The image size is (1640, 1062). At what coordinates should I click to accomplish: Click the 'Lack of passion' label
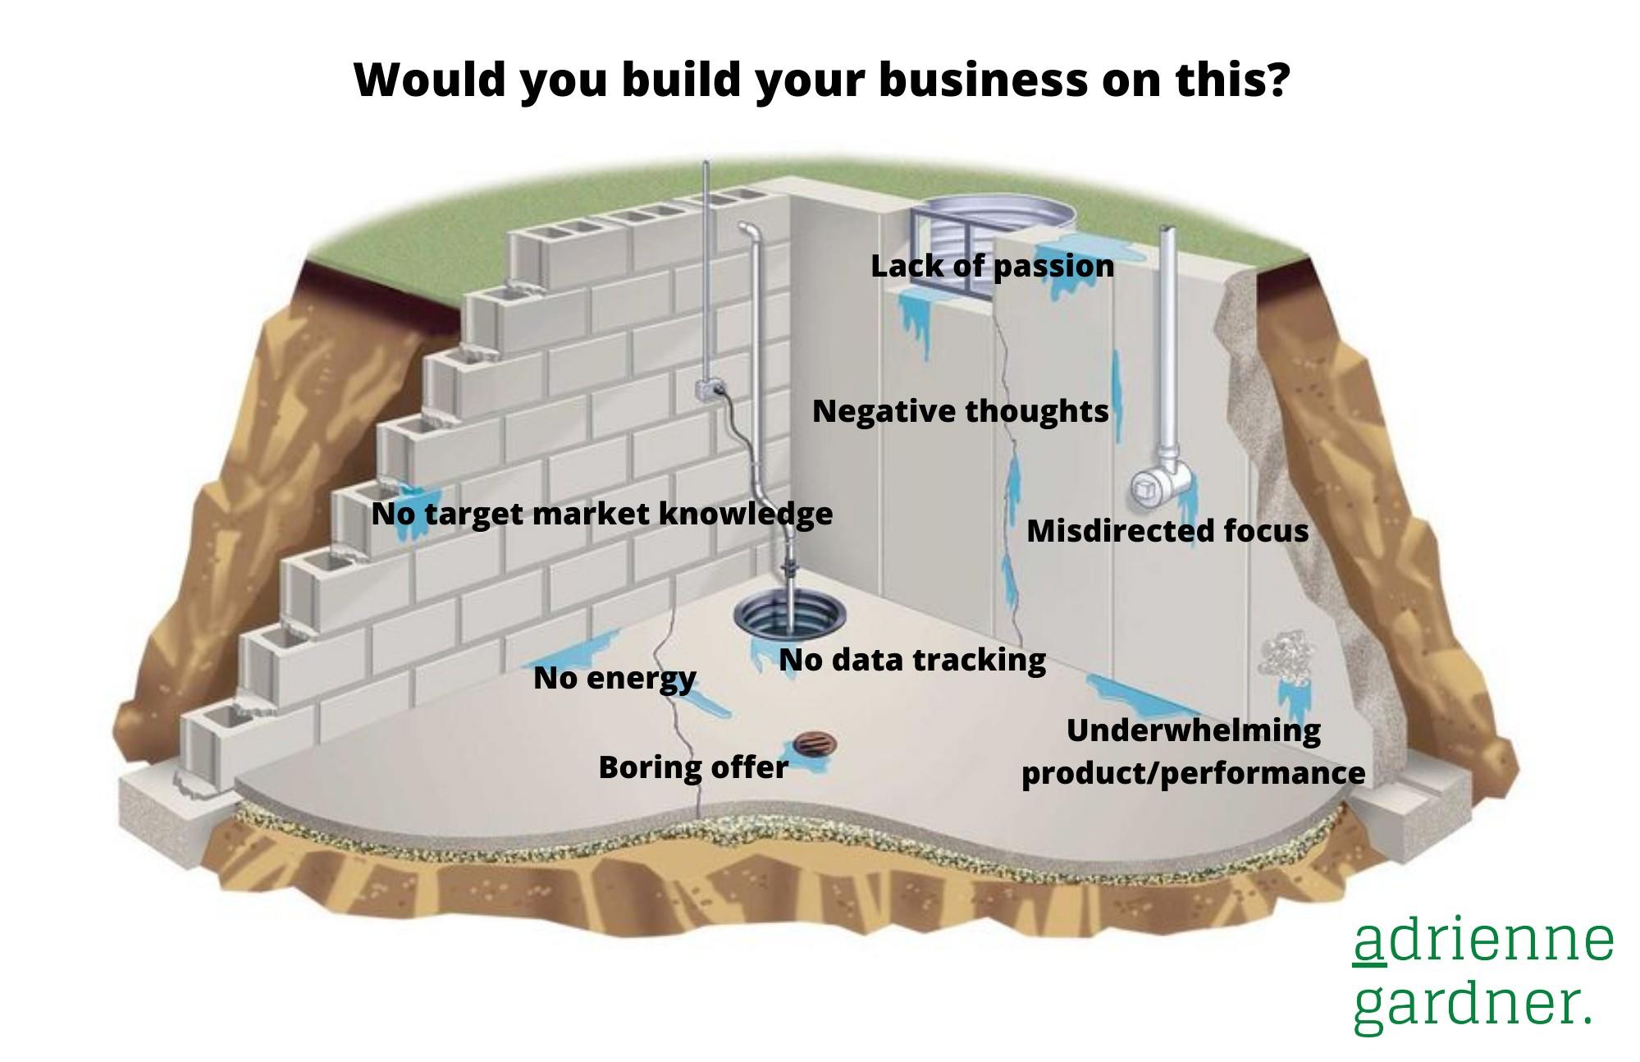pyautogui.click(x=992, y=266)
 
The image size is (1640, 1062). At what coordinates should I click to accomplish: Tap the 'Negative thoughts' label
pyautogui.click(x=960, y=410)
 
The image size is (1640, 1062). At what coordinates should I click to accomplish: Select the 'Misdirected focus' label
pyautogui.click(x=1167, y=530)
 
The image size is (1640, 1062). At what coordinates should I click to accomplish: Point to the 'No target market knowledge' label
pyautogui.click(x=601, y=514)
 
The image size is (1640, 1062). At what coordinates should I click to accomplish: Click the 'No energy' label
pyautogui.click(x=614, y=678)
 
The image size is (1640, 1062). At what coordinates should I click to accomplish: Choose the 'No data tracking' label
pyautogui.click(x=912, y=659)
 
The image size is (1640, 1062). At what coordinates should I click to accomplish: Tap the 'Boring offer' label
pyautogui.click(x=693, y=767)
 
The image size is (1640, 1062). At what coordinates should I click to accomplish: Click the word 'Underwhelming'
pyautogui.click(x=1193, y=730)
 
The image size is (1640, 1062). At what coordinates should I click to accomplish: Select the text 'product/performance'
pyautogui.click(x=1193, y=773)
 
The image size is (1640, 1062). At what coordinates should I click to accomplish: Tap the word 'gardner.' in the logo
pyautogui.click(x=1473, y=1004)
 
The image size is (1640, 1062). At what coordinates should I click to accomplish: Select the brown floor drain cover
pyautogui.click(x=814, y=745)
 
